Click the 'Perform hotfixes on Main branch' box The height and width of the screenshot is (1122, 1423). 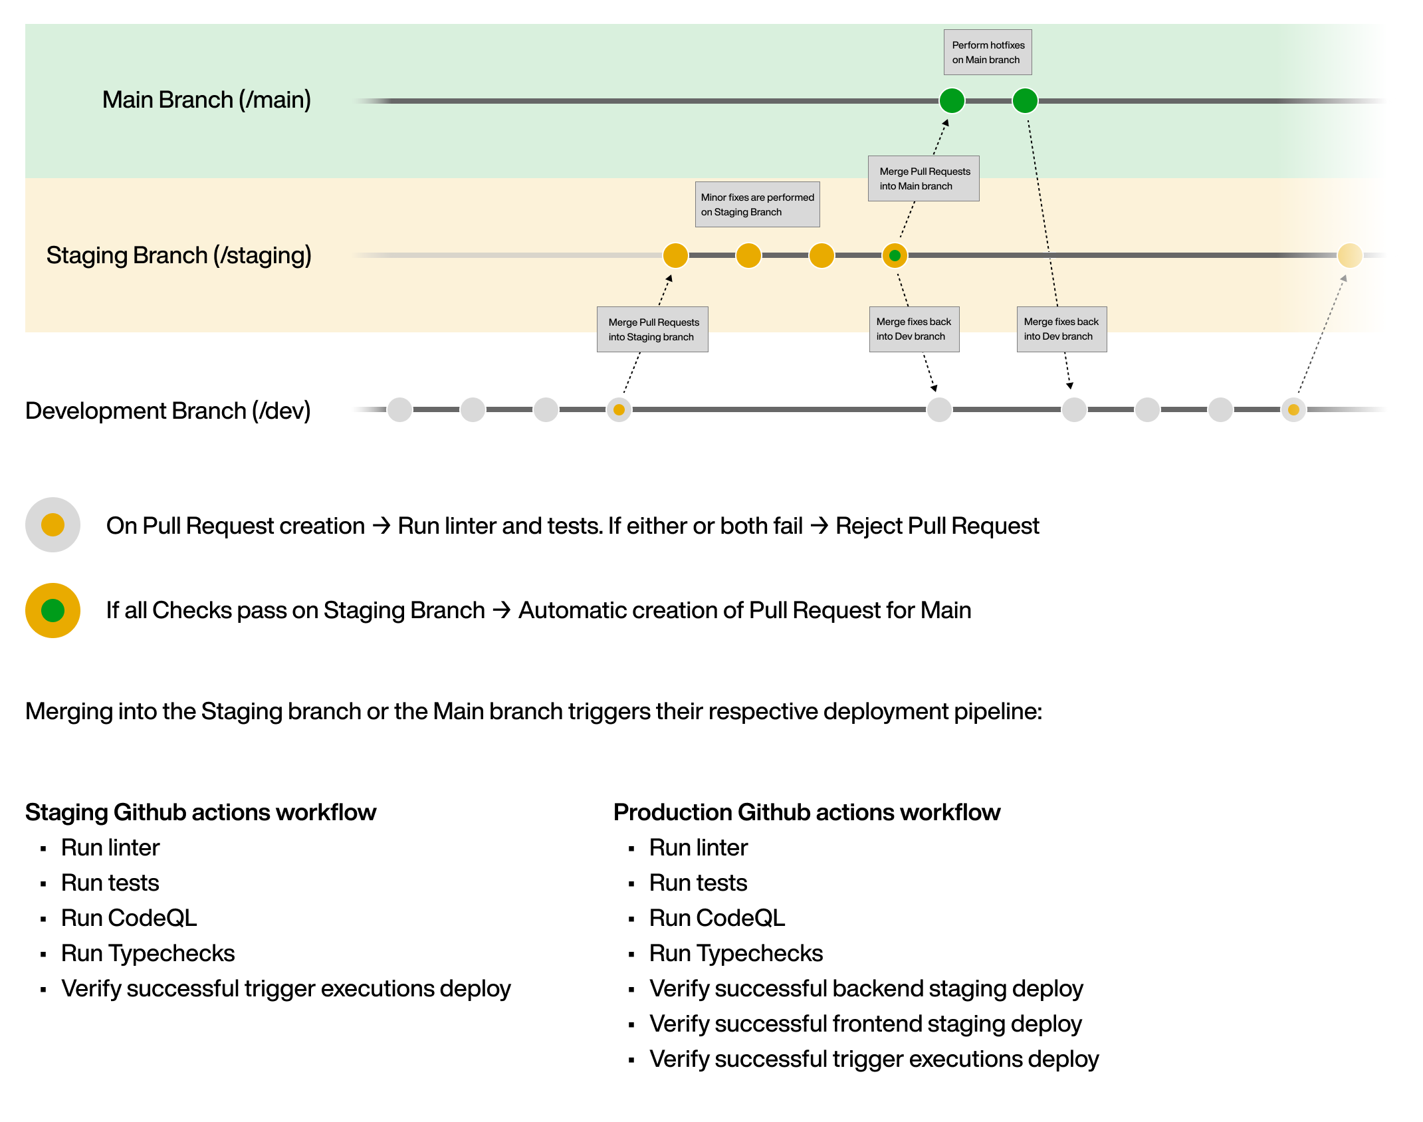pyautogui.click(x=988, y=53)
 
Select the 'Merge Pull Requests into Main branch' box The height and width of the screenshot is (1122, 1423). pyautogui.click(x=923, y=179)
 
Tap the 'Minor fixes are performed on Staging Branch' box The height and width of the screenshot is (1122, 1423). pyautogui.click(x=757, y=205)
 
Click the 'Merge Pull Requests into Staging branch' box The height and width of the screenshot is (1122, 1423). pyautogui.click(x=652, y=330)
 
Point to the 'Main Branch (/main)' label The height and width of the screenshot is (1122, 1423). pyautogui.click(x=206, y=100)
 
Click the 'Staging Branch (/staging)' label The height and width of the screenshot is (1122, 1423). pyautogui.click(x=178, y=256)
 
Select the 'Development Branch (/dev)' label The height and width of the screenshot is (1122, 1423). pyautogui.click(x=167, y=411)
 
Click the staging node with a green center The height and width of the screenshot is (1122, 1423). pyautogui.click(x=895, y=256)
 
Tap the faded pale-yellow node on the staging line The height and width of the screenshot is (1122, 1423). pyautogui.click(x=1349, y=255)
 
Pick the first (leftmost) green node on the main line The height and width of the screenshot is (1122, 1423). pyautogui.click(x=952, y=101)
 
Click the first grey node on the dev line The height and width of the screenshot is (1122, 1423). pyautogui.click(x=399, y=410)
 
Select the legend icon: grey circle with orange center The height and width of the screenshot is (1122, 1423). pyautogui.click(x=53, y=525)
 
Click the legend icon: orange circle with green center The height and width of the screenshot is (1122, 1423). pyautogui.click(x=53, y=610)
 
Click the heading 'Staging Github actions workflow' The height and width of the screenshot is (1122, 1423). pyautogui.click(x=201, y=812)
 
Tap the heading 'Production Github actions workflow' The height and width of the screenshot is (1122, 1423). pyautogui.click(x=806, y=812)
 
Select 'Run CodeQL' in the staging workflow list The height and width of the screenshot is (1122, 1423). pyautogui.click(x=129, y=918)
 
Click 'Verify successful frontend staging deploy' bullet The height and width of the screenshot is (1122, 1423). pyautogui.click(x=865, y=1024)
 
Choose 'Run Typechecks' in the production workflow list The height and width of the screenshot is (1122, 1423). pyautogui.click(x=736, y=953)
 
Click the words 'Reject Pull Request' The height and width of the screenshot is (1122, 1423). pyautogui.click(x=936, y=526)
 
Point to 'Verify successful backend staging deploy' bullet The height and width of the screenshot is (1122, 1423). pyautogui.click(x=865, y=988)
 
